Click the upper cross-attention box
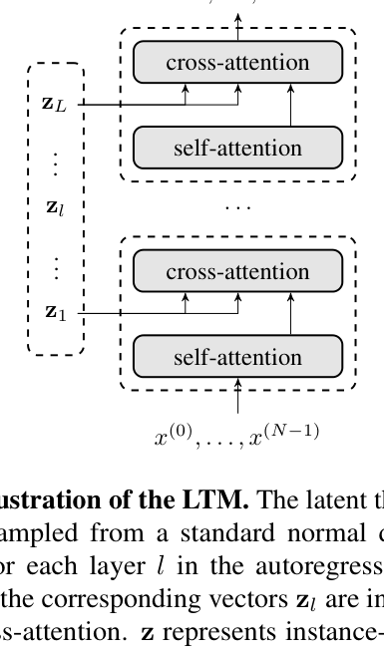[237, 63]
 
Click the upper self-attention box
[237, 148]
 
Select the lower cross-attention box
[237, 271]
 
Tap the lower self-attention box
[237, 356]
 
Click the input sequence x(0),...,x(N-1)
[238, 435]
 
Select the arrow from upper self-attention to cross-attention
[290, 105]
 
